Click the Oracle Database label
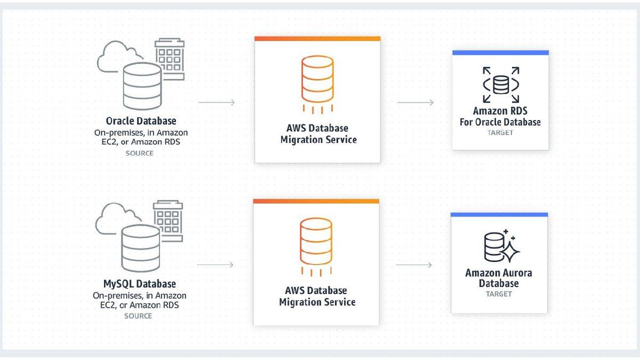pyautogui.click(x=141, y=121)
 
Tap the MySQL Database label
pyautogui.click(x=139, y=284)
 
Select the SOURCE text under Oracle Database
pyautogui.click(x=139, y=154)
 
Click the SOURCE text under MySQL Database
pyautogui.click(x=138, y=316)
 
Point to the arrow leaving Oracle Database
pyautogui.click(x=217, y=102)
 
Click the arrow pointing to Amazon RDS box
pyautogui.click(x=415, y=102)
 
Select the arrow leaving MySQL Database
pyautogui.click(x=215, y=265)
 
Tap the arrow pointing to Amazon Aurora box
pyautogui.click(x=414, y=265)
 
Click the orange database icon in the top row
pyautogui.click(x=317, y=80)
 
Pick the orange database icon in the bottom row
pyautogui.click(x=316, y=243)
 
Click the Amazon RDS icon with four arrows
pyautogui.click(x=500, y=85)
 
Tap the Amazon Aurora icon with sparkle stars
pyautogui.click(x=501, y=246)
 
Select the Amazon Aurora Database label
pyautogui.click(x=499, y=278)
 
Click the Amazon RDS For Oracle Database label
pyautogui.click(x=500, y=117)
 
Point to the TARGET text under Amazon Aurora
pyautogui.click(x=499, y=294)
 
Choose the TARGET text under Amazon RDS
pyautogui.click(x=500, y=133)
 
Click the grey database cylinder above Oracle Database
pyautogui.click(x=141, y=85)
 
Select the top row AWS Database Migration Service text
pyautogui.click(x=317, y=134)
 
